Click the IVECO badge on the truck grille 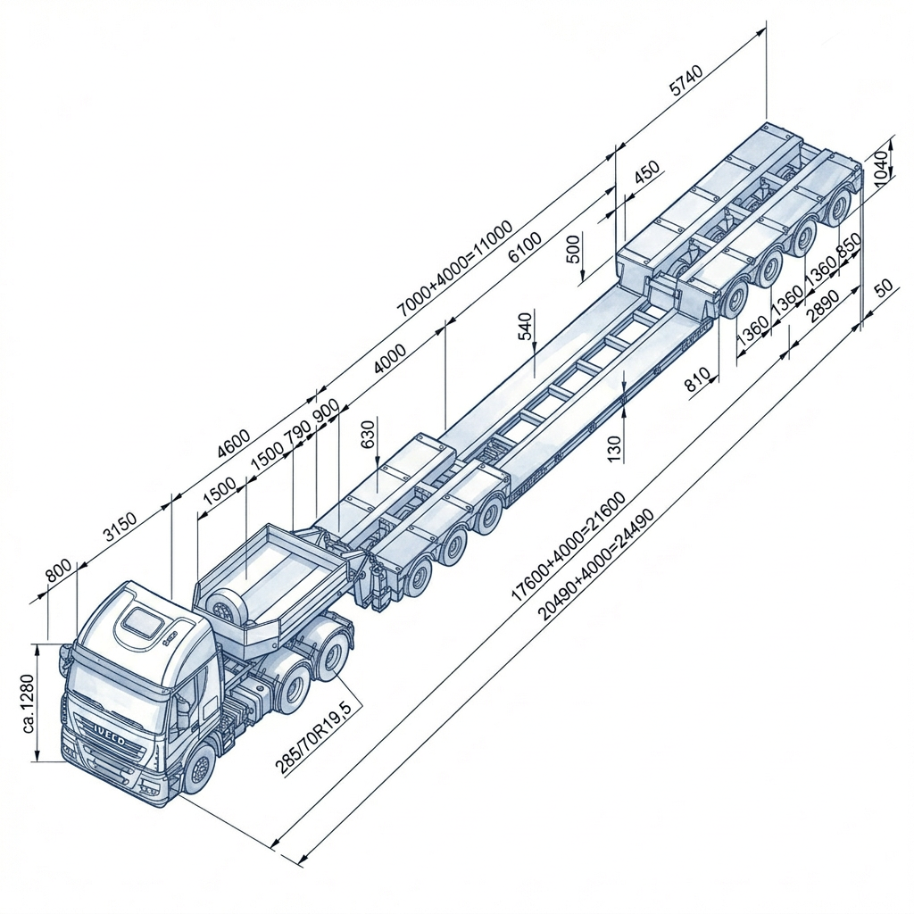109,733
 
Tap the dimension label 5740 686,80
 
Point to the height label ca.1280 29,703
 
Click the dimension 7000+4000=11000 454,268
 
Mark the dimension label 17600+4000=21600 569,546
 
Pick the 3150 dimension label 120,527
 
